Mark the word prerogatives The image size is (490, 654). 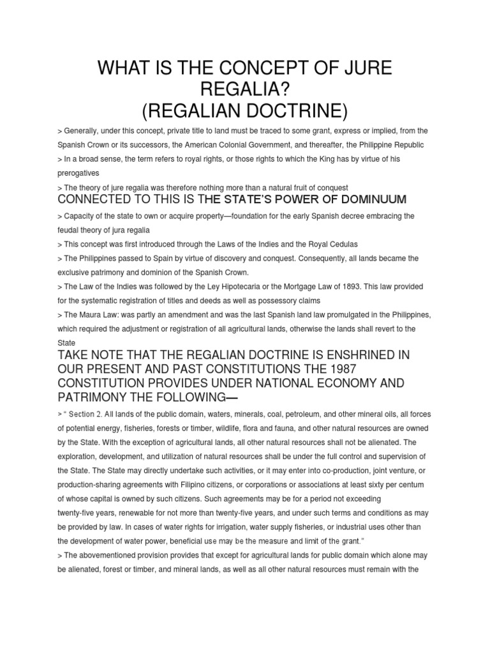pyautogui.click(x=79, y=173)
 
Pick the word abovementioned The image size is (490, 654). pyautogui.click(x=109, y=554)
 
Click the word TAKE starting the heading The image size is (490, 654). pyautogui.click(x=74, y=354)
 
